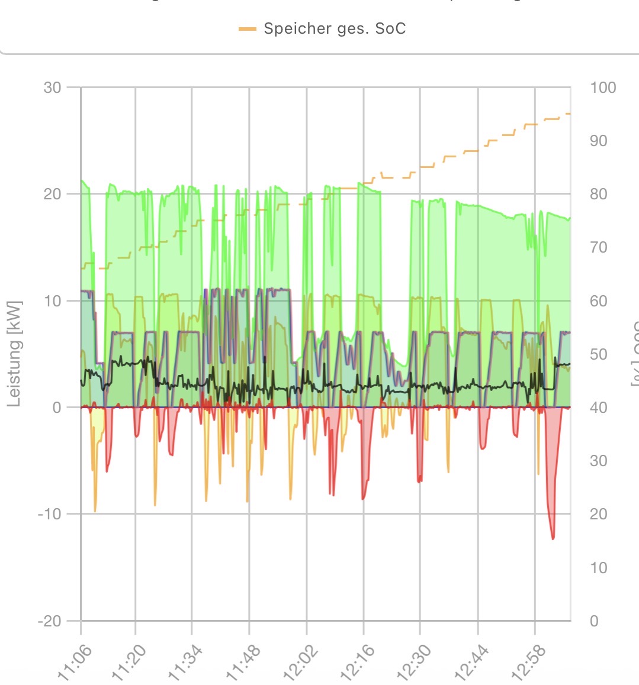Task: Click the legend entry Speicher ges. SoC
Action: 335,28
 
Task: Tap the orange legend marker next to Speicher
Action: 248,28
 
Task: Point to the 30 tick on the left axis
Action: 52,88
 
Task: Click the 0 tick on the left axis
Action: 56,407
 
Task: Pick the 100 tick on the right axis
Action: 603,88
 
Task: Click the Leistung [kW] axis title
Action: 14,353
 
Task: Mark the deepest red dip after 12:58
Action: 553,538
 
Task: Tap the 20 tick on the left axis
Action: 52,194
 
